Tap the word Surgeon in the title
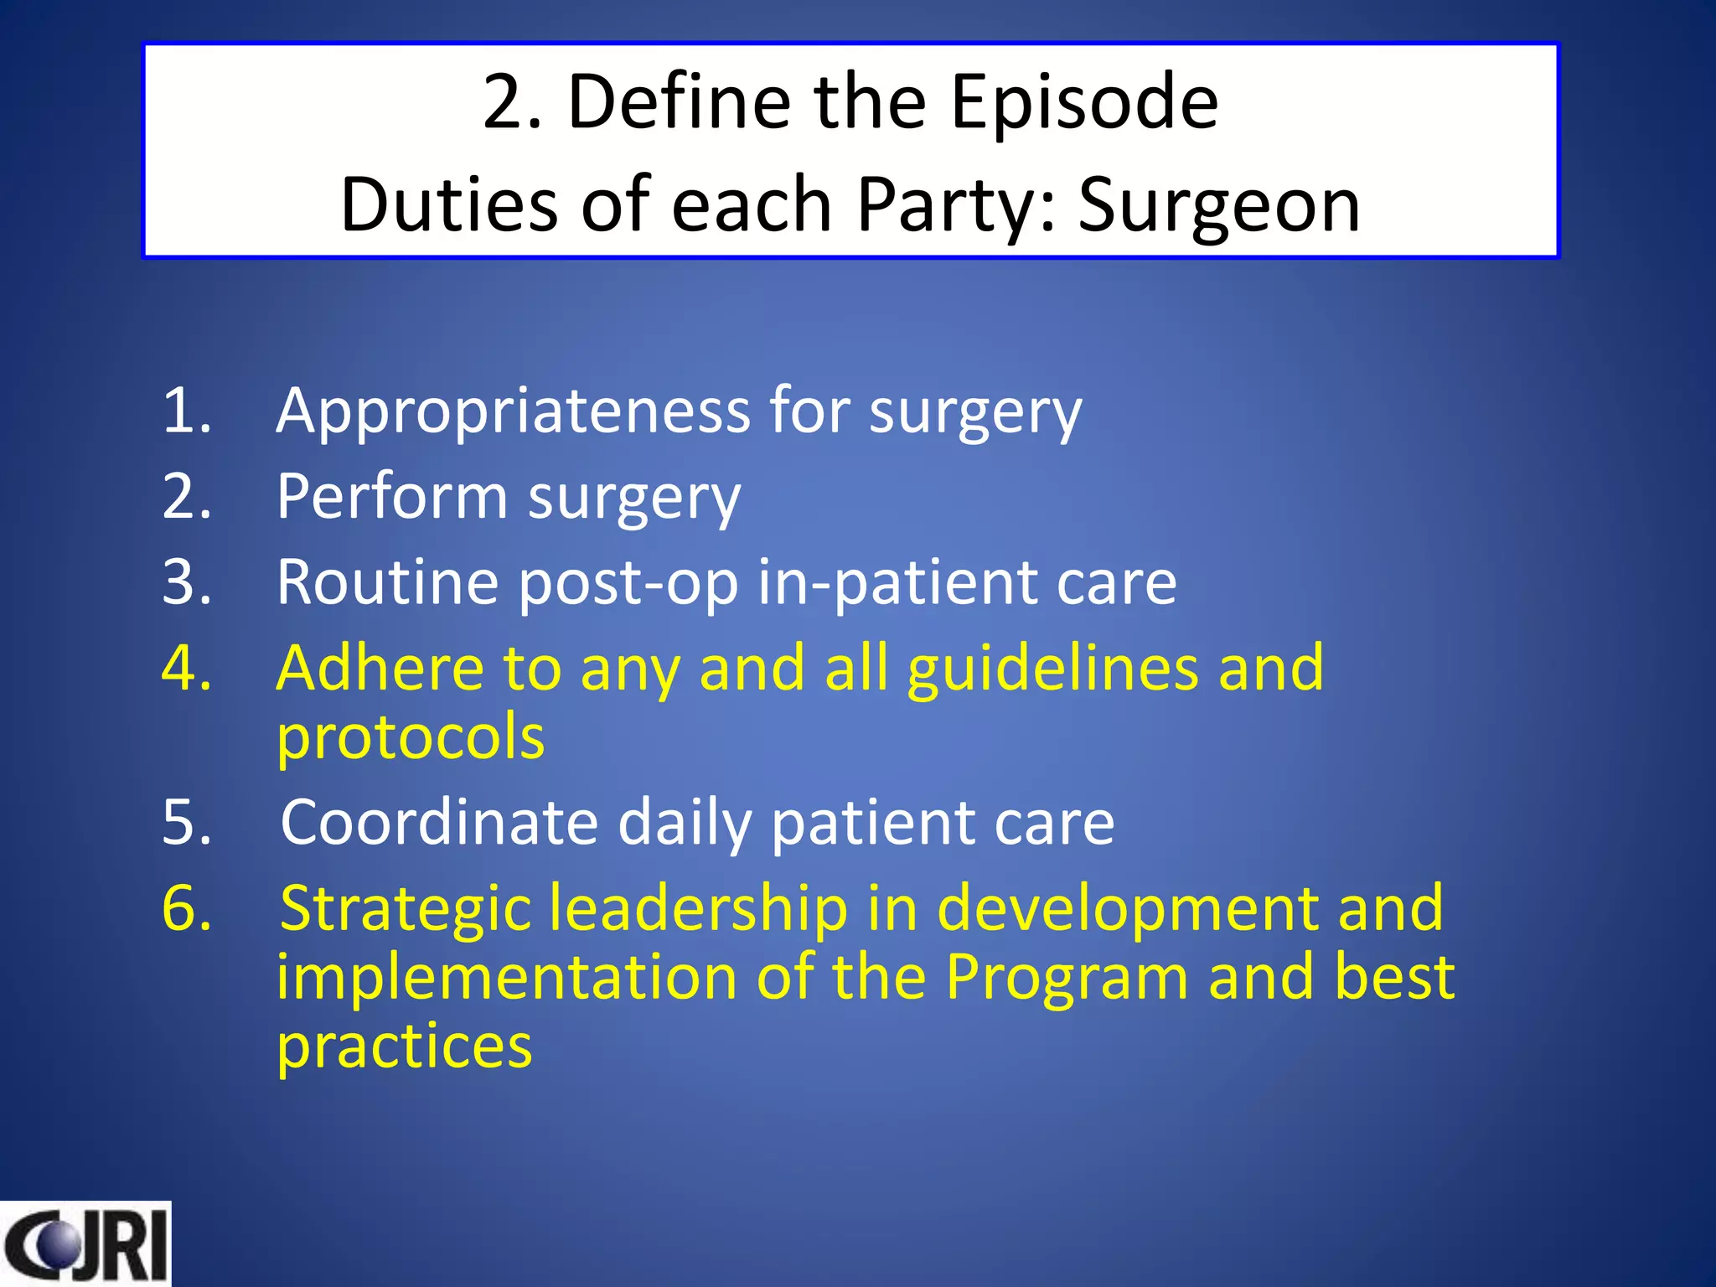(1218, 205)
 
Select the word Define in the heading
(679, 102)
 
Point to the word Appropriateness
(513, 412)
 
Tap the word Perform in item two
(391, 498)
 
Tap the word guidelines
(1052, 670)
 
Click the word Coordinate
(438, 823)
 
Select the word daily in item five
(685, 824)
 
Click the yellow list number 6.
(186, 908)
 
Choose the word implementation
(506, 978)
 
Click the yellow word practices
(404, 1047)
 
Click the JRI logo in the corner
(85, 1244)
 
